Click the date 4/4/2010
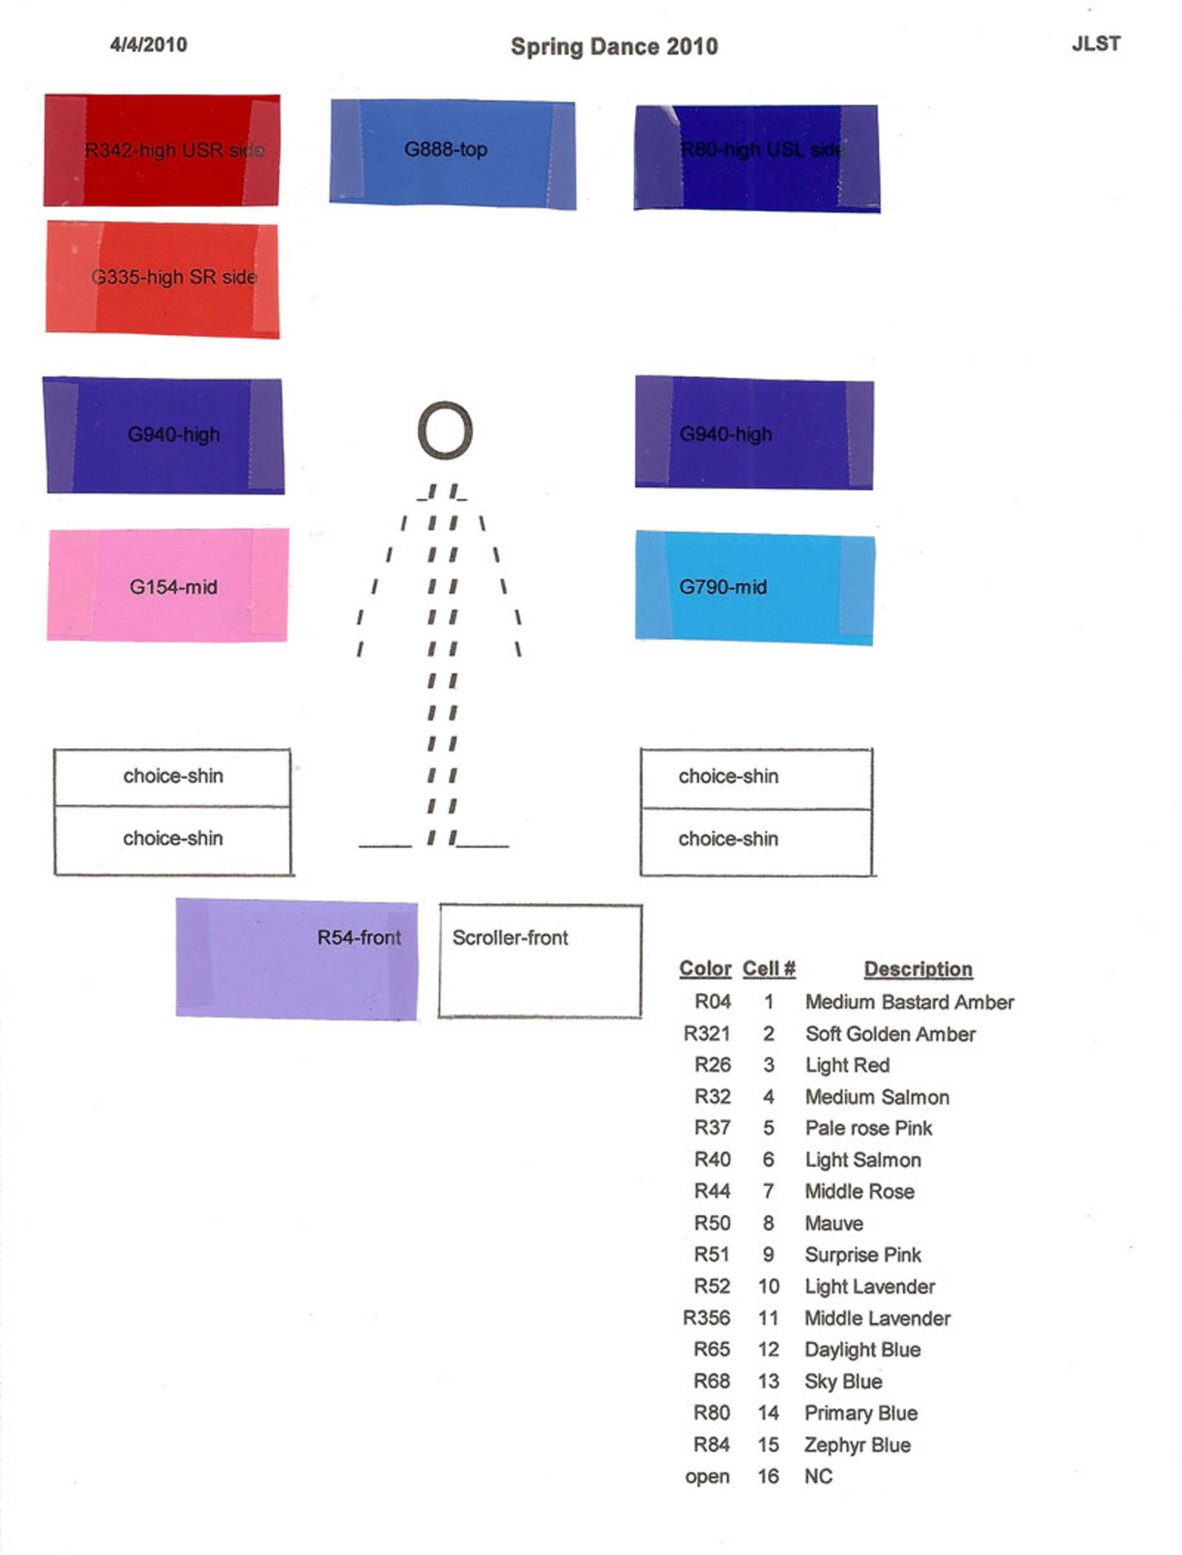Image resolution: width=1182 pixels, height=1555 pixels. click(148, 45)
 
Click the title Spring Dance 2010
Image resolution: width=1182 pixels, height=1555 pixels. click(614, 47)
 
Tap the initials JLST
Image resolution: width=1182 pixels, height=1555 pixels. click(1095, 44)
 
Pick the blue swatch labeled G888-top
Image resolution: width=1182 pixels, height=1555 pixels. click(453, 153)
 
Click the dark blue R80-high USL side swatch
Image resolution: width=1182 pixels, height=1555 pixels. click(757, 158)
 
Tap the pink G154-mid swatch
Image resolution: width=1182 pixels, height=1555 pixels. click(168, 585)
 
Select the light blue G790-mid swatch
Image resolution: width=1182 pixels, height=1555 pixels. click(754, 588)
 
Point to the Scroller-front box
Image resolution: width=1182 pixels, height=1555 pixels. click(540, 961)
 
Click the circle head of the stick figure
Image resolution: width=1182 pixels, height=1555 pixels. click(445, 430)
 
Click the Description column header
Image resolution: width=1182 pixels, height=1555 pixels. click(918, 969)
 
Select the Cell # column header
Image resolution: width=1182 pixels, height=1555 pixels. click(768, 969)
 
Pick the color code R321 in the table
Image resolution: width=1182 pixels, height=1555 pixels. click(706, 1034)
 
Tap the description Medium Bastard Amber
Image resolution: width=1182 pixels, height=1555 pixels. click(909, 1002)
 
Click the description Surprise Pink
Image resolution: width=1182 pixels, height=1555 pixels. click(862, 1255)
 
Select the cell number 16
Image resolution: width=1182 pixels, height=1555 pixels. click(768, 1476)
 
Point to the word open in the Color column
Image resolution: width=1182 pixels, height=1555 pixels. click(707, 1477)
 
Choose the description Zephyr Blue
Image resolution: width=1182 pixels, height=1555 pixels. click(857, 1445)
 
